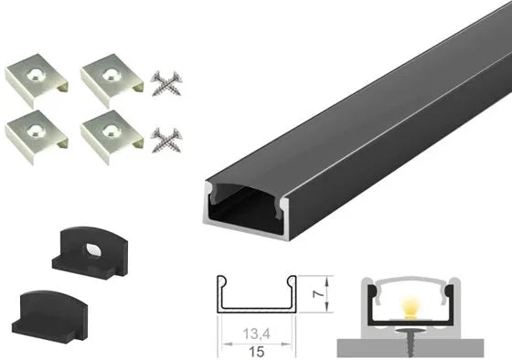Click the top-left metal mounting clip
36,80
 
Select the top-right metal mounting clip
112,80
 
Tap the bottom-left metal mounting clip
36,136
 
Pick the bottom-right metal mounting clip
112,136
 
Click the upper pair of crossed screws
166,83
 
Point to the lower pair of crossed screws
166,141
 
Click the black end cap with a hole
91,251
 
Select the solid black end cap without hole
49,316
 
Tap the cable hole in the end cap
94,249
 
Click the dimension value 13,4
256,334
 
